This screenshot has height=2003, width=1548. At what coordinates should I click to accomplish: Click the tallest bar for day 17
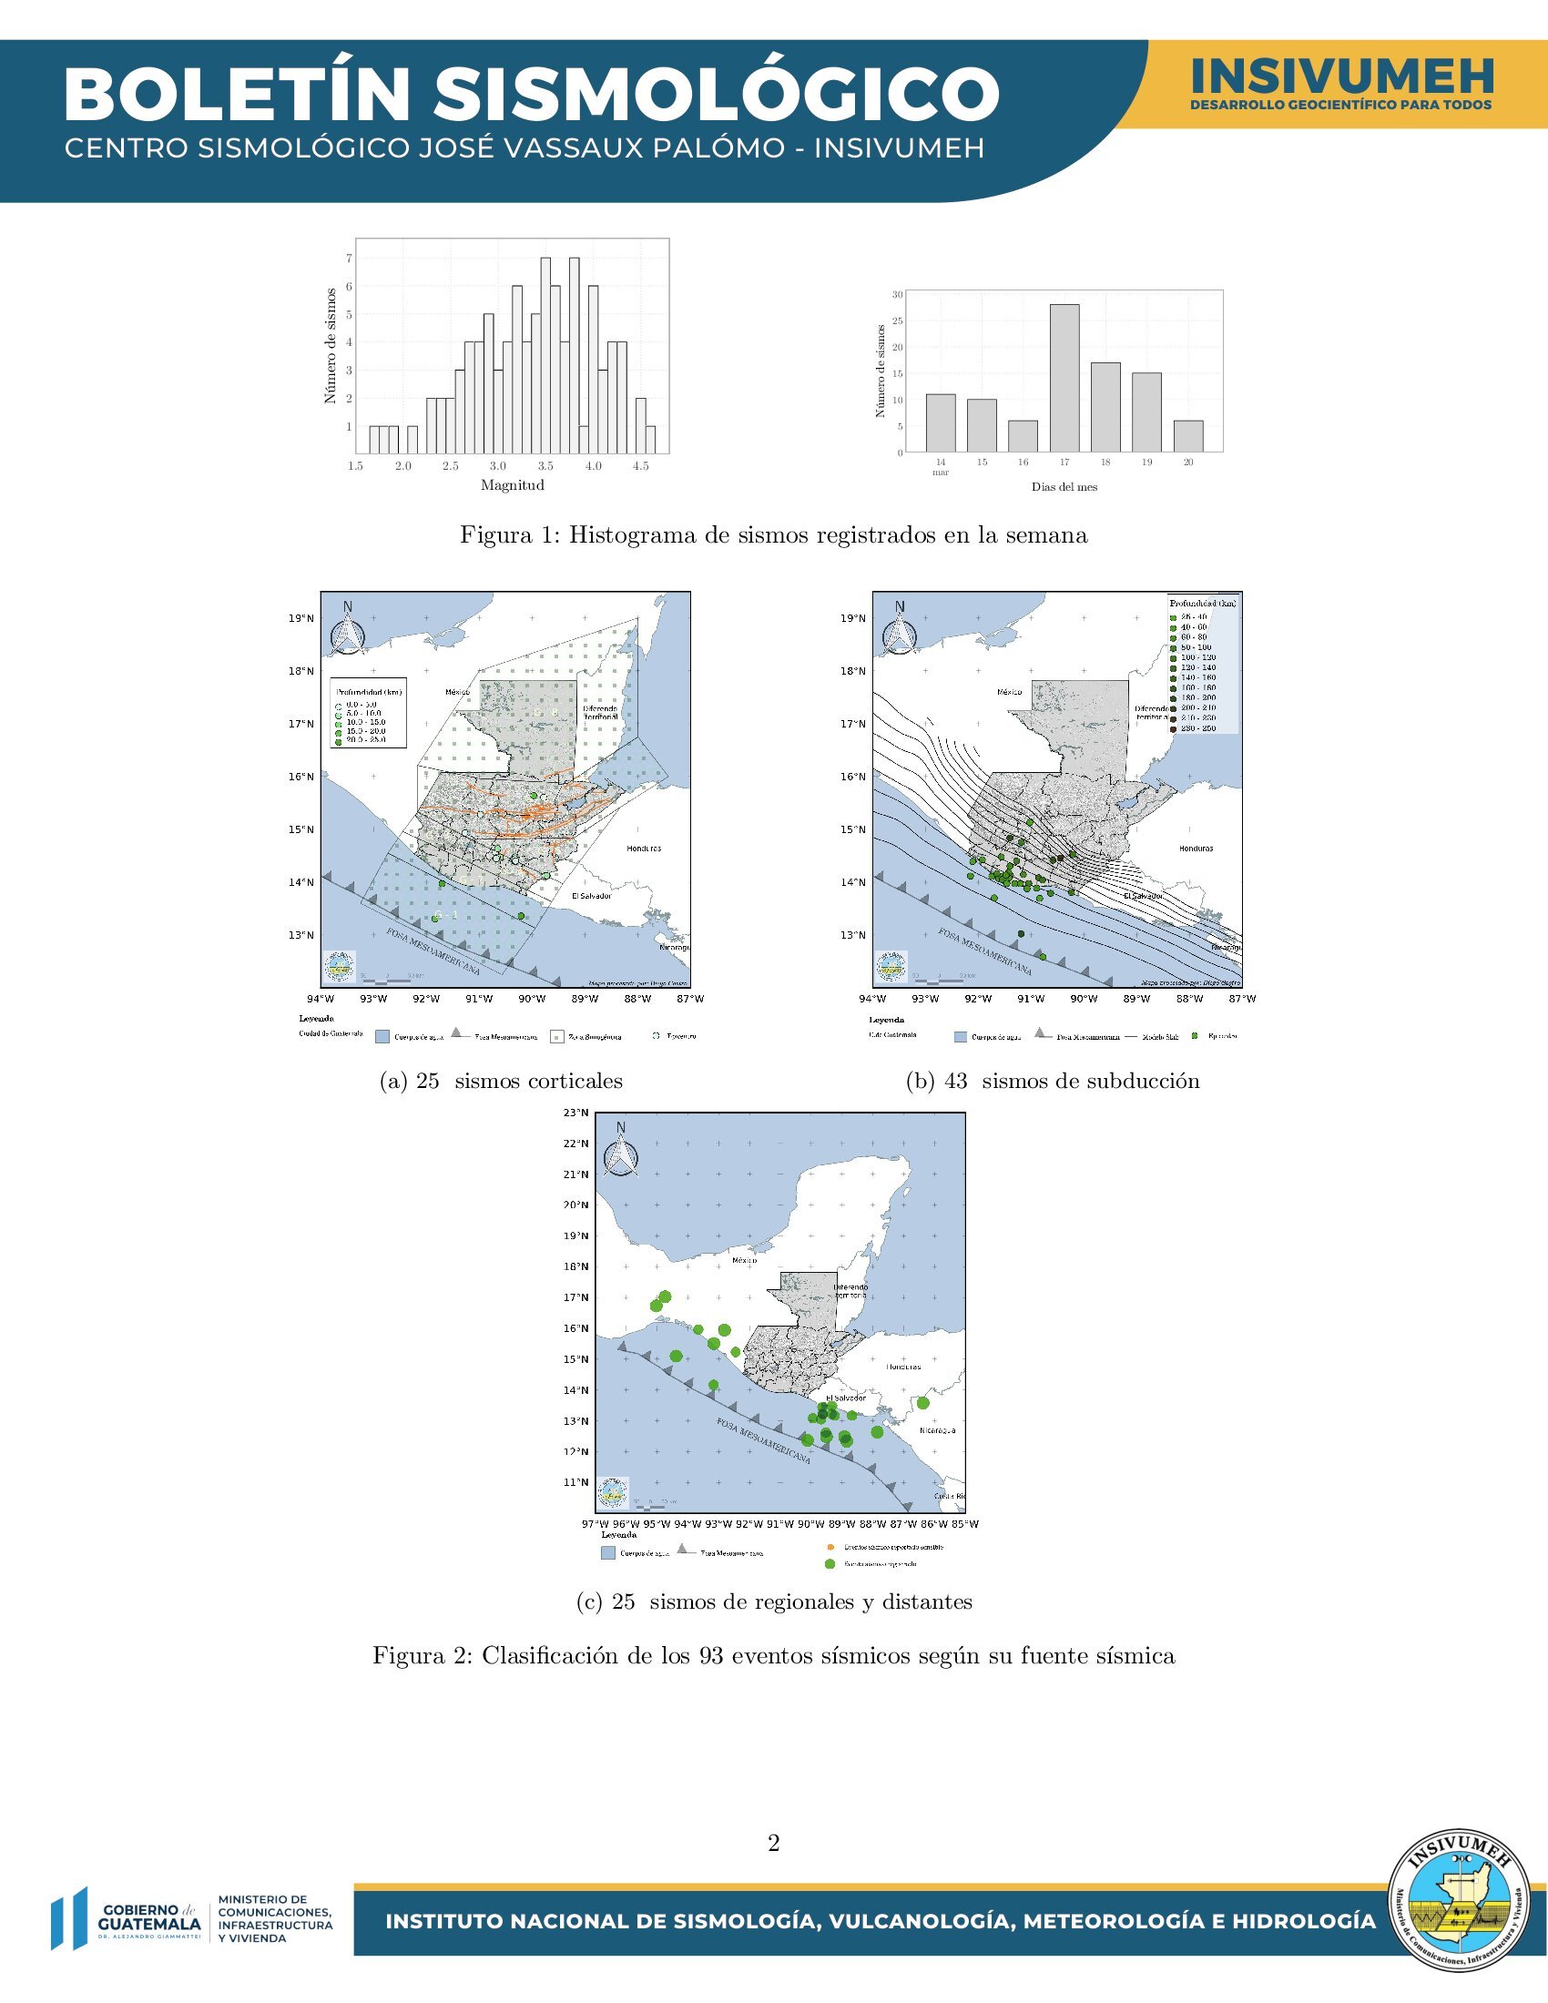pyautogui.click(x=1064, y=378)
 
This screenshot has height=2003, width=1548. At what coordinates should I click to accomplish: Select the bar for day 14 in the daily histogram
pyautogui.click(x=940, y=422)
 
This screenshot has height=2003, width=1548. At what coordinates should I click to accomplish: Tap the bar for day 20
pyautogui.click(x=1187, y=435)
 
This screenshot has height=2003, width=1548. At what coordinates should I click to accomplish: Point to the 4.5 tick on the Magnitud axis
pyautogui.click(x=640, y=466)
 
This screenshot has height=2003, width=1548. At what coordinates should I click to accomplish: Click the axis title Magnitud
pyautogui.click(x=513, y=485)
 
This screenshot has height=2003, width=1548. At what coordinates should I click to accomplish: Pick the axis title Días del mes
pyautogui.click(x=1064, y=487)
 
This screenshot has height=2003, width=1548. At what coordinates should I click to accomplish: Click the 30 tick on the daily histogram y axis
pyautogui.click(x=897, y=294)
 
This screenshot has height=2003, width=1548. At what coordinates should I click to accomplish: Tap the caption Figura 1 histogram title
pyautogui.click(x=773, y=535)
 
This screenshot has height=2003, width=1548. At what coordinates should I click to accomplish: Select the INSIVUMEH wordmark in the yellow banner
pyautogui.click(x=1341, y=77)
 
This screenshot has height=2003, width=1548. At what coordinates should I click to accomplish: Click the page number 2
pyautogui.click(x=773, y=1843)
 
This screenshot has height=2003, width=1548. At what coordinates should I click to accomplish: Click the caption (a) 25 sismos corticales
pyautogui.click(x=501, y=1082)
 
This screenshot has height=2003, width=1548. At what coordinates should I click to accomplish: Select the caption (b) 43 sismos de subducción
pyautogui.click(x=1052, y=1082)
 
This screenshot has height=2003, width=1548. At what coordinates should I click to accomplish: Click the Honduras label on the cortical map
pyautogui.click(x=644, y=849)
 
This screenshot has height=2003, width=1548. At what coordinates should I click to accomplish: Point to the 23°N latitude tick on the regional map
pyautogui.click(x=575, y=1113)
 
